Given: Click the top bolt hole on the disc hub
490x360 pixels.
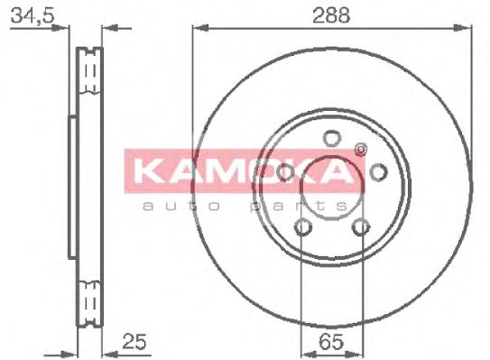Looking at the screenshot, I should click(331, 138).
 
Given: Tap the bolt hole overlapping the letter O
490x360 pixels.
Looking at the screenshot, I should click(285, 172).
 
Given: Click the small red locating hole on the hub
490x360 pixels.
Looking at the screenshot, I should click(361, 150).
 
